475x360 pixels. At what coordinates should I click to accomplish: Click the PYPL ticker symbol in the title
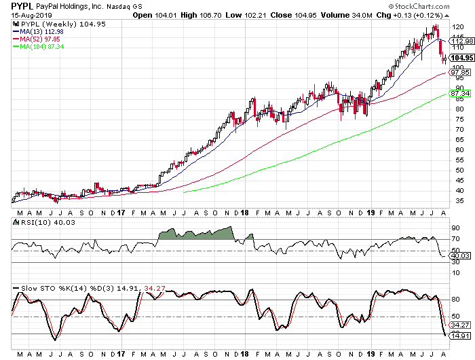click(22, 5)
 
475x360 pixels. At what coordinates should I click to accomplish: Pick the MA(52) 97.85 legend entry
click(41, 39)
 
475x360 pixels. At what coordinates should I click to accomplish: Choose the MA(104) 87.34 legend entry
click(43, 46)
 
